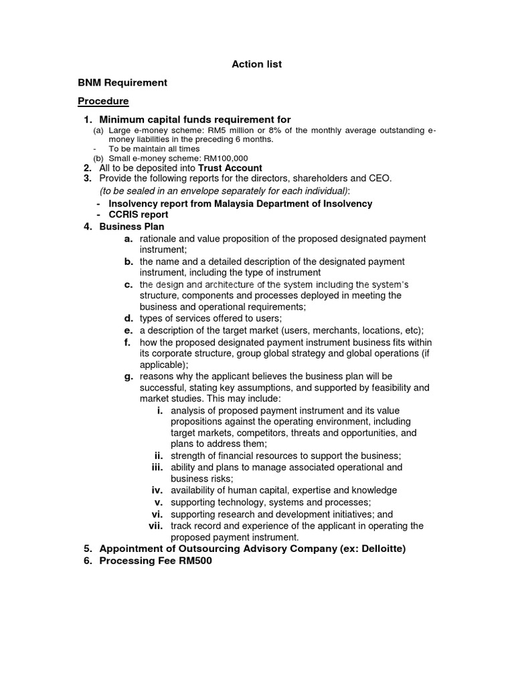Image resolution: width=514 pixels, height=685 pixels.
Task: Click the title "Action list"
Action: coord(256,64)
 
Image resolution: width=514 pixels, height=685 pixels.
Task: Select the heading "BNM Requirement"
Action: coord(122,83)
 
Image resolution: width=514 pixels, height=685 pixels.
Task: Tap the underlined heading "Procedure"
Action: coord(103,101)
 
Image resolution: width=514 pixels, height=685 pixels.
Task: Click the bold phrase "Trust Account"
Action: coord(230,168)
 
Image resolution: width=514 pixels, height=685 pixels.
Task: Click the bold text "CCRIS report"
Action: coord(139,215)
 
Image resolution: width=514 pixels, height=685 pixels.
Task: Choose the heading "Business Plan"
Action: coord(132,227)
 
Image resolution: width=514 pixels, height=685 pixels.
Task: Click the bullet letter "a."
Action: coord(128,239)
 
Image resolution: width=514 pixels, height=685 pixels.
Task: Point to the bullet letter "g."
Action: coord(128,376)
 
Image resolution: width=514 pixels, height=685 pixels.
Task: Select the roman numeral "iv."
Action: coord(157,490)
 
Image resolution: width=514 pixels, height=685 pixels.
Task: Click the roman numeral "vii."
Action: coord(156,526)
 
